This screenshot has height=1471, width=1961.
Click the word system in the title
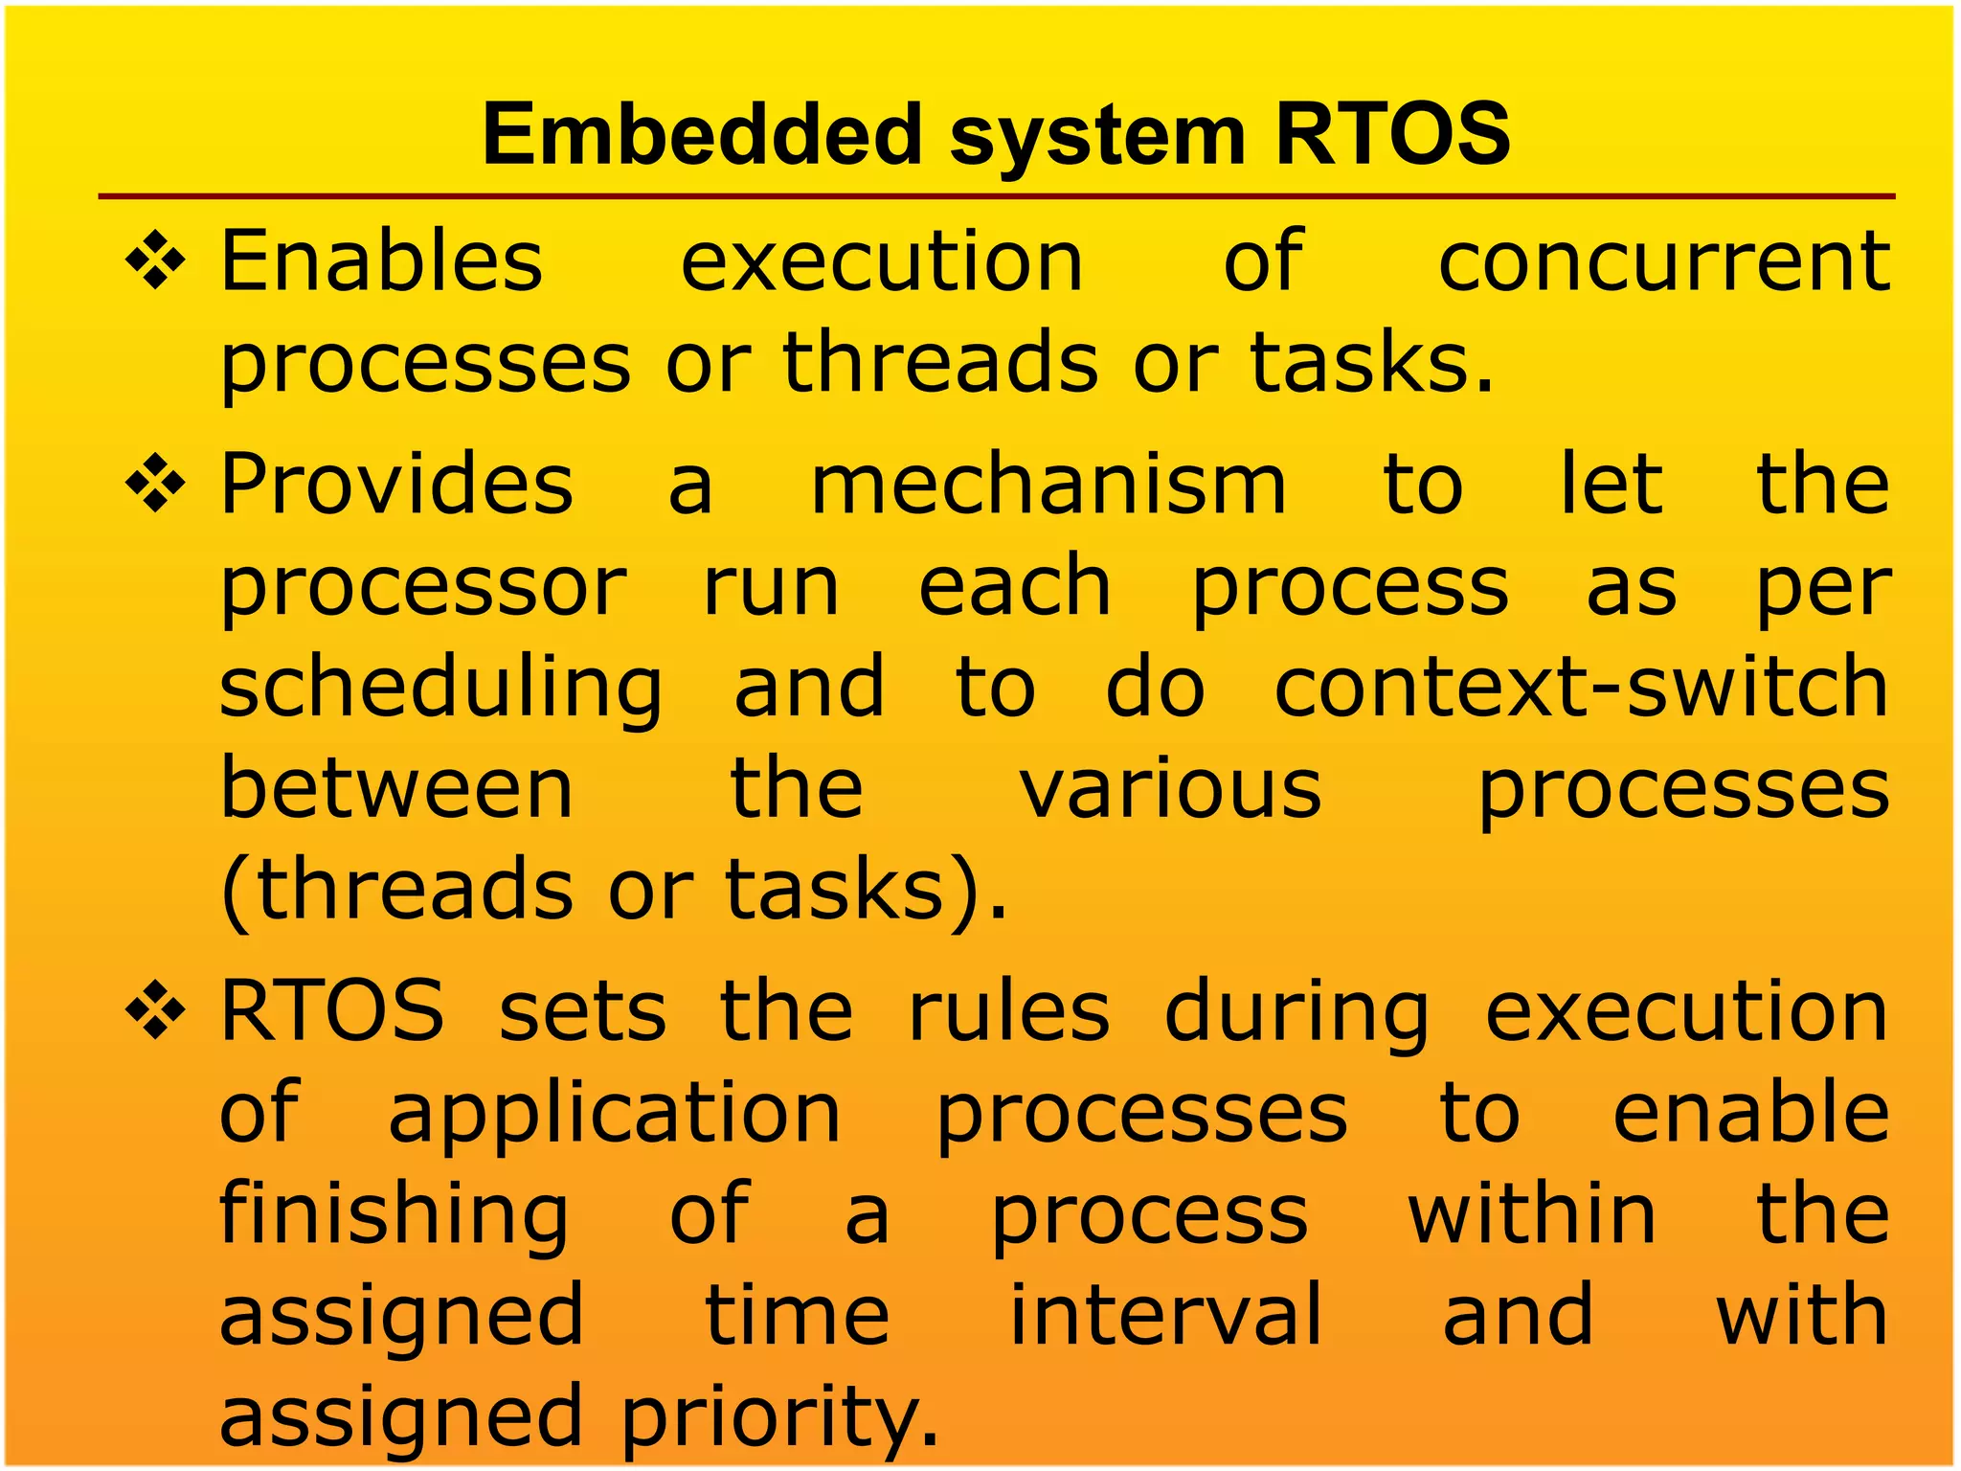click(1098, 137)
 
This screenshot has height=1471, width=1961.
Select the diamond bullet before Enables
click(155, 260)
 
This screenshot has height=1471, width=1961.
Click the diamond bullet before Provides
click(155, 484)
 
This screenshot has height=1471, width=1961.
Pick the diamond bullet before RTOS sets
click(155, 1011)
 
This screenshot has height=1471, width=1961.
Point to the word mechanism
click(1048, 485)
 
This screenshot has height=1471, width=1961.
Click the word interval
click(1166, 1315)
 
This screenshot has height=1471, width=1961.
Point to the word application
click(614, 1116)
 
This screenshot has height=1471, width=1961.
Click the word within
click(1532, 1214)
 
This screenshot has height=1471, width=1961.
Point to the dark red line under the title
click(996, 196)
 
